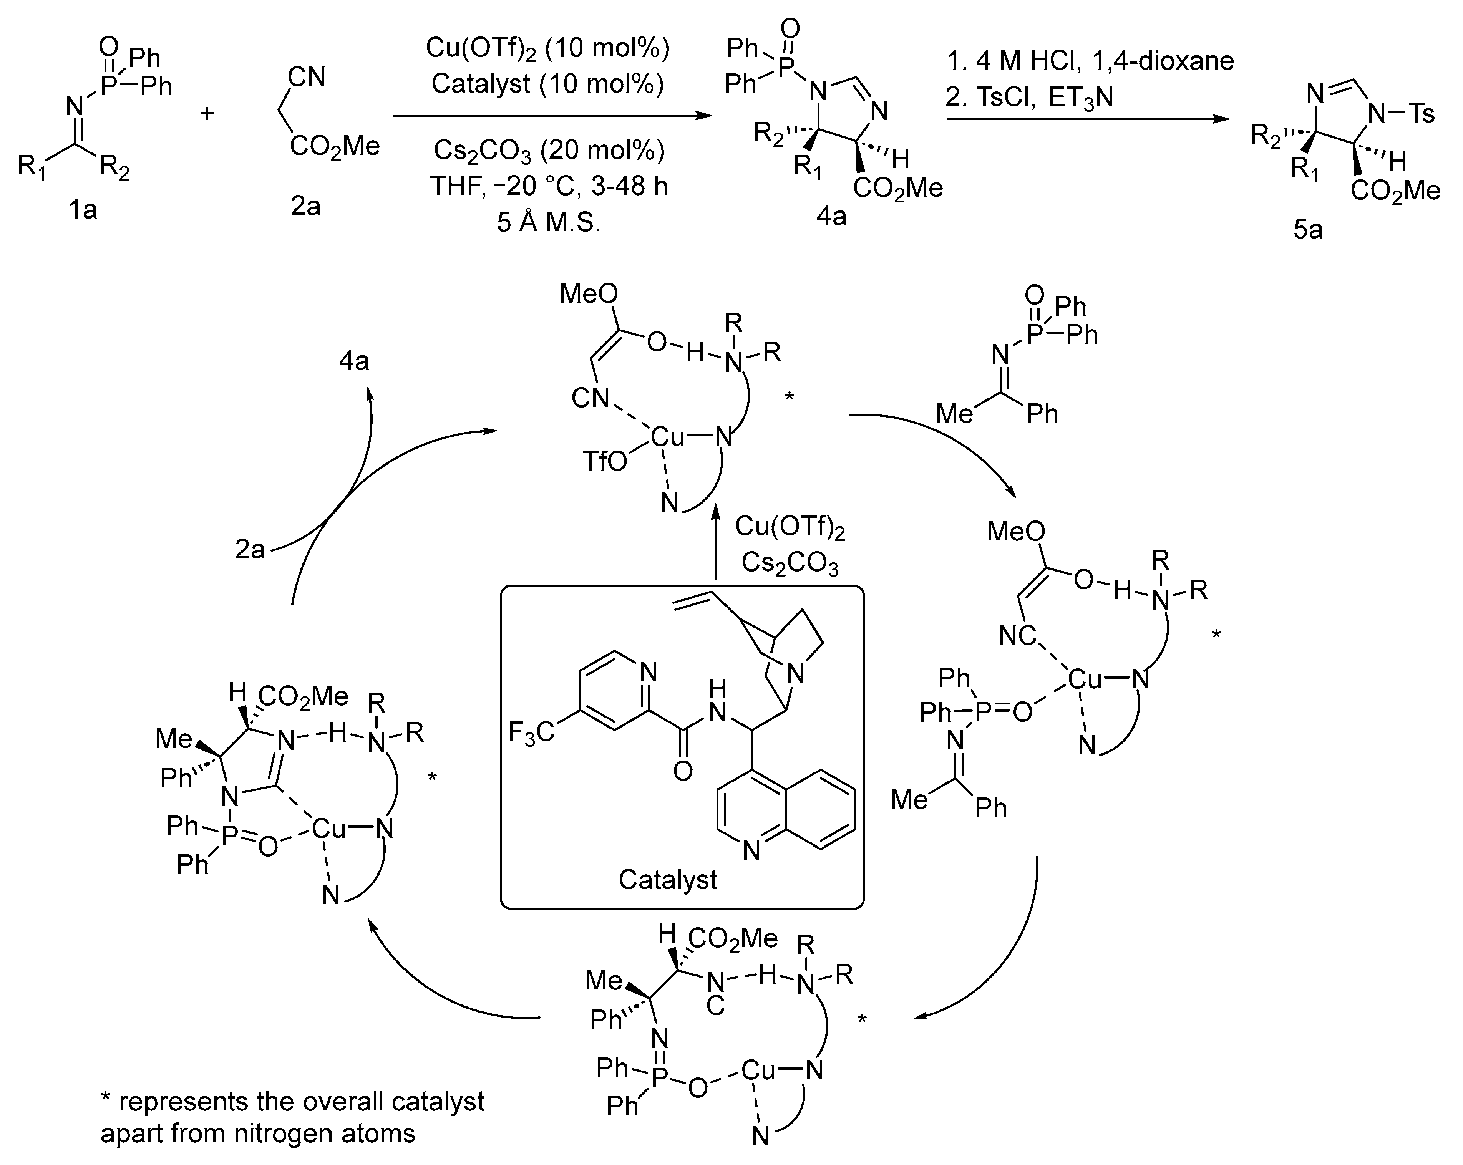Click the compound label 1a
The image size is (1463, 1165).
tap(82, 210)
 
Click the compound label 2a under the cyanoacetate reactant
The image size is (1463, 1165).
tap(305, 205)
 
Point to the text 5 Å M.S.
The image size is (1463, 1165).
tap(548, 222)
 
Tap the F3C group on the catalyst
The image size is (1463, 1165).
tap(531, 733)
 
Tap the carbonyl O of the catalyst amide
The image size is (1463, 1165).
tap(683, 771)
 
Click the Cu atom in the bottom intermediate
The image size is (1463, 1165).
tap(758, 1070)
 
